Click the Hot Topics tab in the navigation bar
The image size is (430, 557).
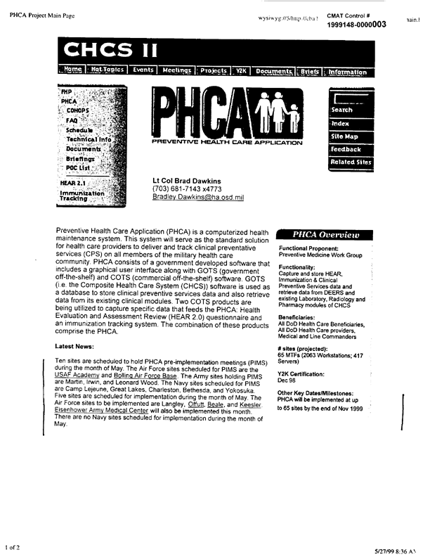click(x=106, y=71)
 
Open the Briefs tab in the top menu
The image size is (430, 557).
click(x=310, y=71)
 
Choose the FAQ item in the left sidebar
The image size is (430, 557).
click(x=72, y=121)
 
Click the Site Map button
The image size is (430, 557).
click(x=344, y=136)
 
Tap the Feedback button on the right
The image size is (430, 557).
click(x=346, y=150)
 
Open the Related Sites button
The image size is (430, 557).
click(x=351, y=162)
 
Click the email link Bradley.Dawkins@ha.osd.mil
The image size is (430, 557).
click(x=198, y=198)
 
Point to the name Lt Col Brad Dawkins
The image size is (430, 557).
click(x=188, y=179)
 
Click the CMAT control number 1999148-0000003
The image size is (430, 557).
click(x=357, y=24)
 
